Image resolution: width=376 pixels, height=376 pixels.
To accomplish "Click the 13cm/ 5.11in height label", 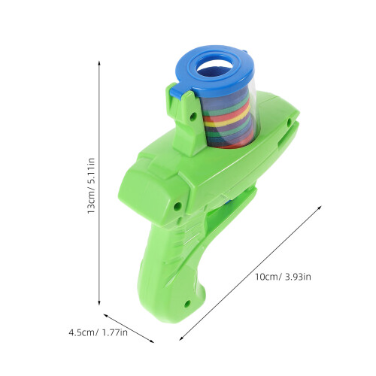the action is [91, 186].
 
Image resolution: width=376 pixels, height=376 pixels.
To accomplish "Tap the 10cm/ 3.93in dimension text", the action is [283, 277].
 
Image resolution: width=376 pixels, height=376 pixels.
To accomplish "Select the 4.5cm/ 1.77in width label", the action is [99, 332].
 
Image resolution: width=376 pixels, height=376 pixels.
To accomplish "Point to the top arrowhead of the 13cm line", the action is [99, 62].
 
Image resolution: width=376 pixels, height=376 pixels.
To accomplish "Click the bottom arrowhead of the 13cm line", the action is [99, 303].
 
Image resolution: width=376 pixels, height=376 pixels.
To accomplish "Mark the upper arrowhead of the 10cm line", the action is [320, 208].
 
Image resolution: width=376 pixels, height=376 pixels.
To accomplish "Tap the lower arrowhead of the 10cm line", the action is [181, 338].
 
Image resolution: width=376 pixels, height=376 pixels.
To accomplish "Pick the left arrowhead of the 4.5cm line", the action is [105, 315].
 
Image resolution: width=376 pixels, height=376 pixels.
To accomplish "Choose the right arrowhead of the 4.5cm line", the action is [152, 341].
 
